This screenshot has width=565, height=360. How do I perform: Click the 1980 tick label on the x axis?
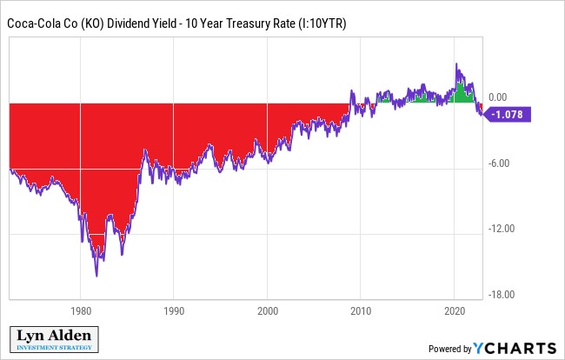[81, 310]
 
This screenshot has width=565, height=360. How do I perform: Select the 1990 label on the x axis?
[174, 310]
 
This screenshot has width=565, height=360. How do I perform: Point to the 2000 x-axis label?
[268, 310]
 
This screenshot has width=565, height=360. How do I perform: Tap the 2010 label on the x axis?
[362, 310]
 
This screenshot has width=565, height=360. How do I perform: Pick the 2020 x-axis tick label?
[455, 310]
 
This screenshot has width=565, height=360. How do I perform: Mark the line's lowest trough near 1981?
[96, 276]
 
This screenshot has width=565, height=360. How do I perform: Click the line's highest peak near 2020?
[456, 63]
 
